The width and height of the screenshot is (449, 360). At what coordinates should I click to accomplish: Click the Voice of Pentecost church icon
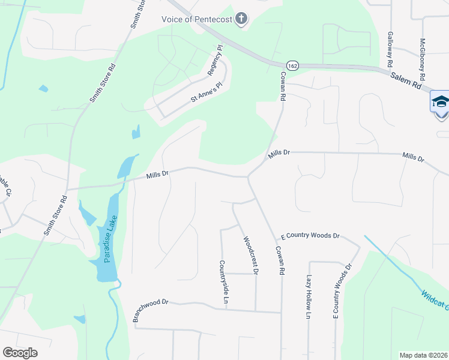[x=241, y=19]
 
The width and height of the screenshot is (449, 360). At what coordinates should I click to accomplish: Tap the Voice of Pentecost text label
[x=197, y=19]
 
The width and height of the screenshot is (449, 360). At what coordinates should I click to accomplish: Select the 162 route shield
[x=292, y=65]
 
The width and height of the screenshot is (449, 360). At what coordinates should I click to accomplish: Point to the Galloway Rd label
[x=390, y=50]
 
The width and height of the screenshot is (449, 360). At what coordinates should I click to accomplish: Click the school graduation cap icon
[x=440, y=101]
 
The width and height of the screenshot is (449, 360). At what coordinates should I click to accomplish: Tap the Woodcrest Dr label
[x=250, y=255]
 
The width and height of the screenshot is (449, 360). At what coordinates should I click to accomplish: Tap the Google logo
[x=20, y=353]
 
